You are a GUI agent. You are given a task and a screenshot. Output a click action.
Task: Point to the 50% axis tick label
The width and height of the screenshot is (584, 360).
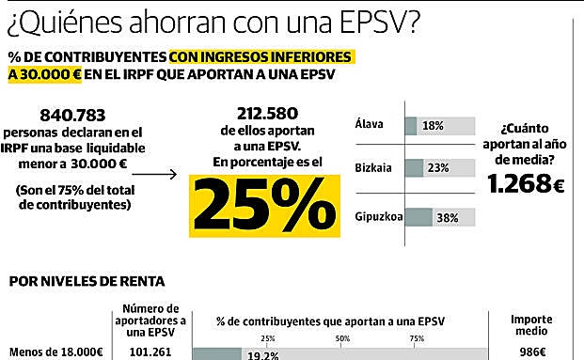341,338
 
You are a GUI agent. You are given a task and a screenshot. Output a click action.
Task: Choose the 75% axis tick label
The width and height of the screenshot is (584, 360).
417,338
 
